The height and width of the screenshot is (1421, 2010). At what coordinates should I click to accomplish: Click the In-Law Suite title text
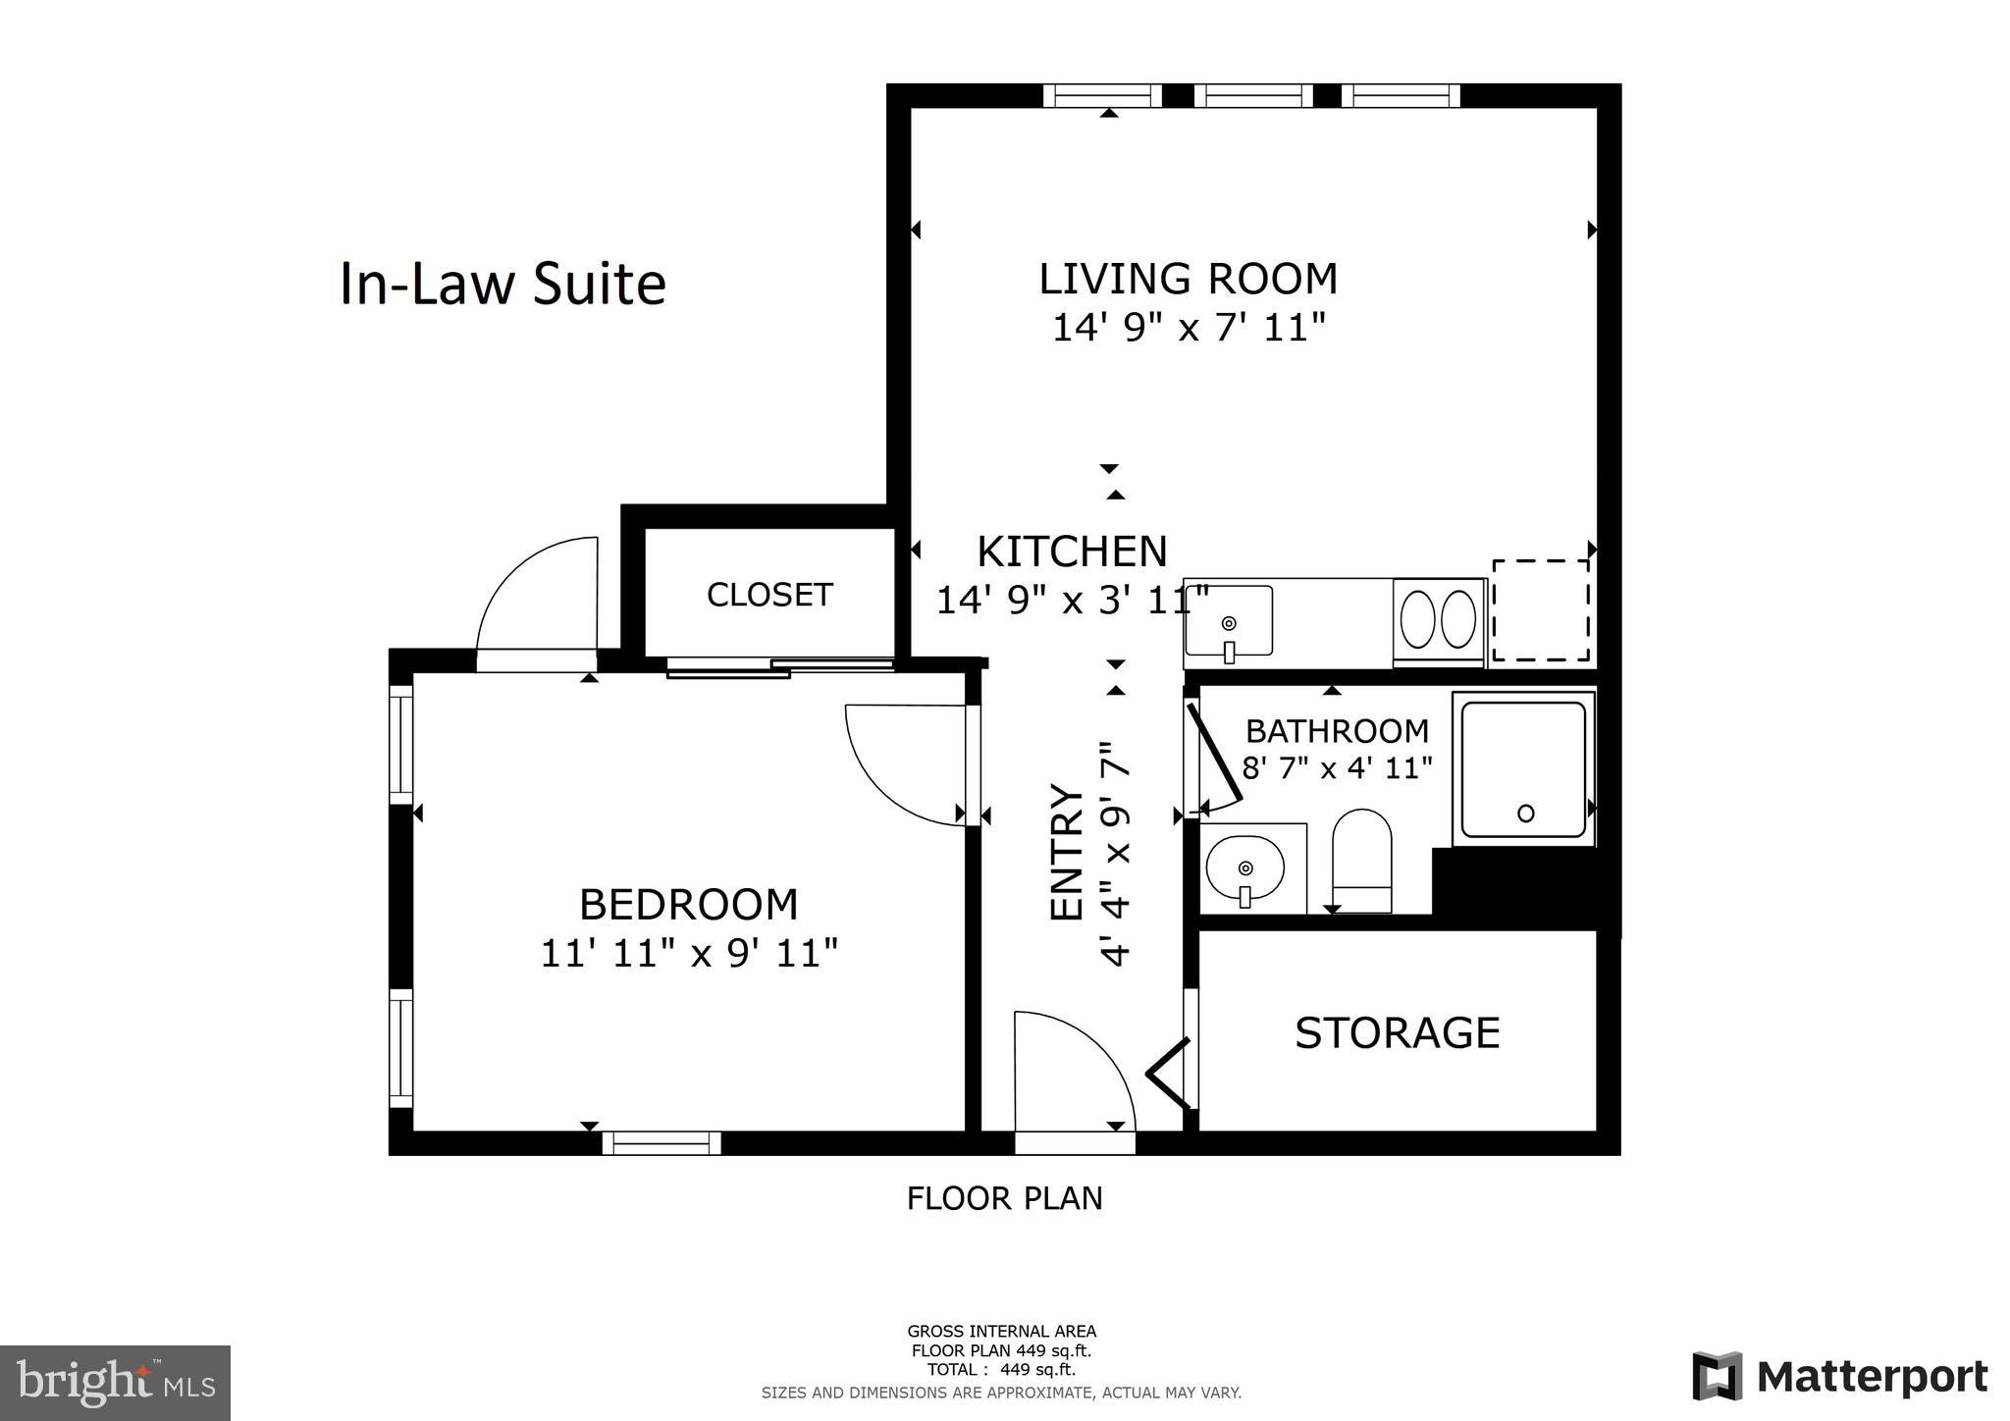click(x=502, y=285)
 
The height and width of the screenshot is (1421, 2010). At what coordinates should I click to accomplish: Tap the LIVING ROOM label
click(x=1188, y=279)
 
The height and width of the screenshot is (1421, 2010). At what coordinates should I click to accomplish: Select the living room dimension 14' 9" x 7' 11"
click(x=1188, y=328)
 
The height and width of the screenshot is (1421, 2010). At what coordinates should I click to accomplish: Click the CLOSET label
click(x=769, y=595)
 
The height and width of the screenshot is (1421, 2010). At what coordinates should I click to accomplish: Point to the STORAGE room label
click(x=1397, y=1033)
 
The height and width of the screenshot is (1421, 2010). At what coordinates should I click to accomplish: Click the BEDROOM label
click(x=688, y=905)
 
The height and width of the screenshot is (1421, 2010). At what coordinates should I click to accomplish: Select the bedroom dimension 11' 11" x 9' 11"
click(x=689, y=953)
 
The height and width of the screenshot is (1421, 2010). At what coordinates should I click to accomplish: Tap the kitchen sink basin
click(x=1229, y=621)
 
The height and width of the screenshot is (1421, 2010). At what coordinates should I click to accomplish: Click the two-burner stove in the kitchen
click(x=1438, y=619)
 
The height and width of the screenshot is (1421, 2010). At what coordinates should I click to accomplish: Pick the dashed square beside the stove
click(x=1541, y=610)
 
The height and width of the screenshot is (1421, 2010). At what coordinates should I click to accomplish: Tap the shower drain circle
click(x=1525, y=813)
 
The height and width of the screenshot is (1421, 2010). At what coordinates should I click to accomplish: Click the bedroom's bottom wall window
click(x=661, y=1143)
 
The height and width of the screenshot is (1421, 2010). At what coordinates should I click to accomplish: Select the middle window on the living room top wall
click(x=1259, y=95)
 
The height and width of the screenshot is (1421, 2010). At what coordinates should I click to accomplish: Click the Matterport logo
click(x=1839, y=1376)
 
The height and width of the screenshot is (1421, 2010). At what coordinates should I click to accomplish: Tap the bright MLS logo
click(x=115, y=1384)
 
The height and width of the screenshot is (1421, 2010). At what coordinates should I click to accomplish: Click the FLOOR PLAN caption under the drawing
click(x=1004, y=1198)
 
